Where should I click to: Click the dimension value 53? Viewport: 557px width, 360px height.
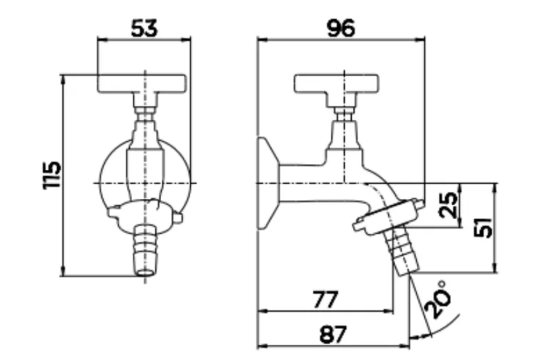click(x=144, y=28)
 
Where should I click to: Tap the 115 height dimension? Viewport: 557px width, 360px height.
click(x=52, y=175)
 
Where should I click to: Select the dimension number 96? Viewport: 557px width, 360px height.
click(x=341, y=28)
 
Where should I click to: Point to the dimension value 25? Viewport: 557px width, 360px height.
click(x=448, y=205)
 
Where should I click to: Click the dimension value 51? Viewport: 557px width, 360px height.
click(x=484, y=227)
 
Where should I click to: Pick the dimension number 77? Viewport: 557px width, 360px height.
click(x=326, y=299)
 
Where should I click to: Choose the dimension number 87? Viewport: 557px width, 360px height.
click(x=333, y=334)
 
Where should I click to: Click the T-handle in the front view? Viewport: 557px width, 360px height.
click(x=142, y=84)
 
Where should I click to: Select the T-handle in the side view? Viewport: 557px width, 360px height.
click(x=336, y=84)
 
